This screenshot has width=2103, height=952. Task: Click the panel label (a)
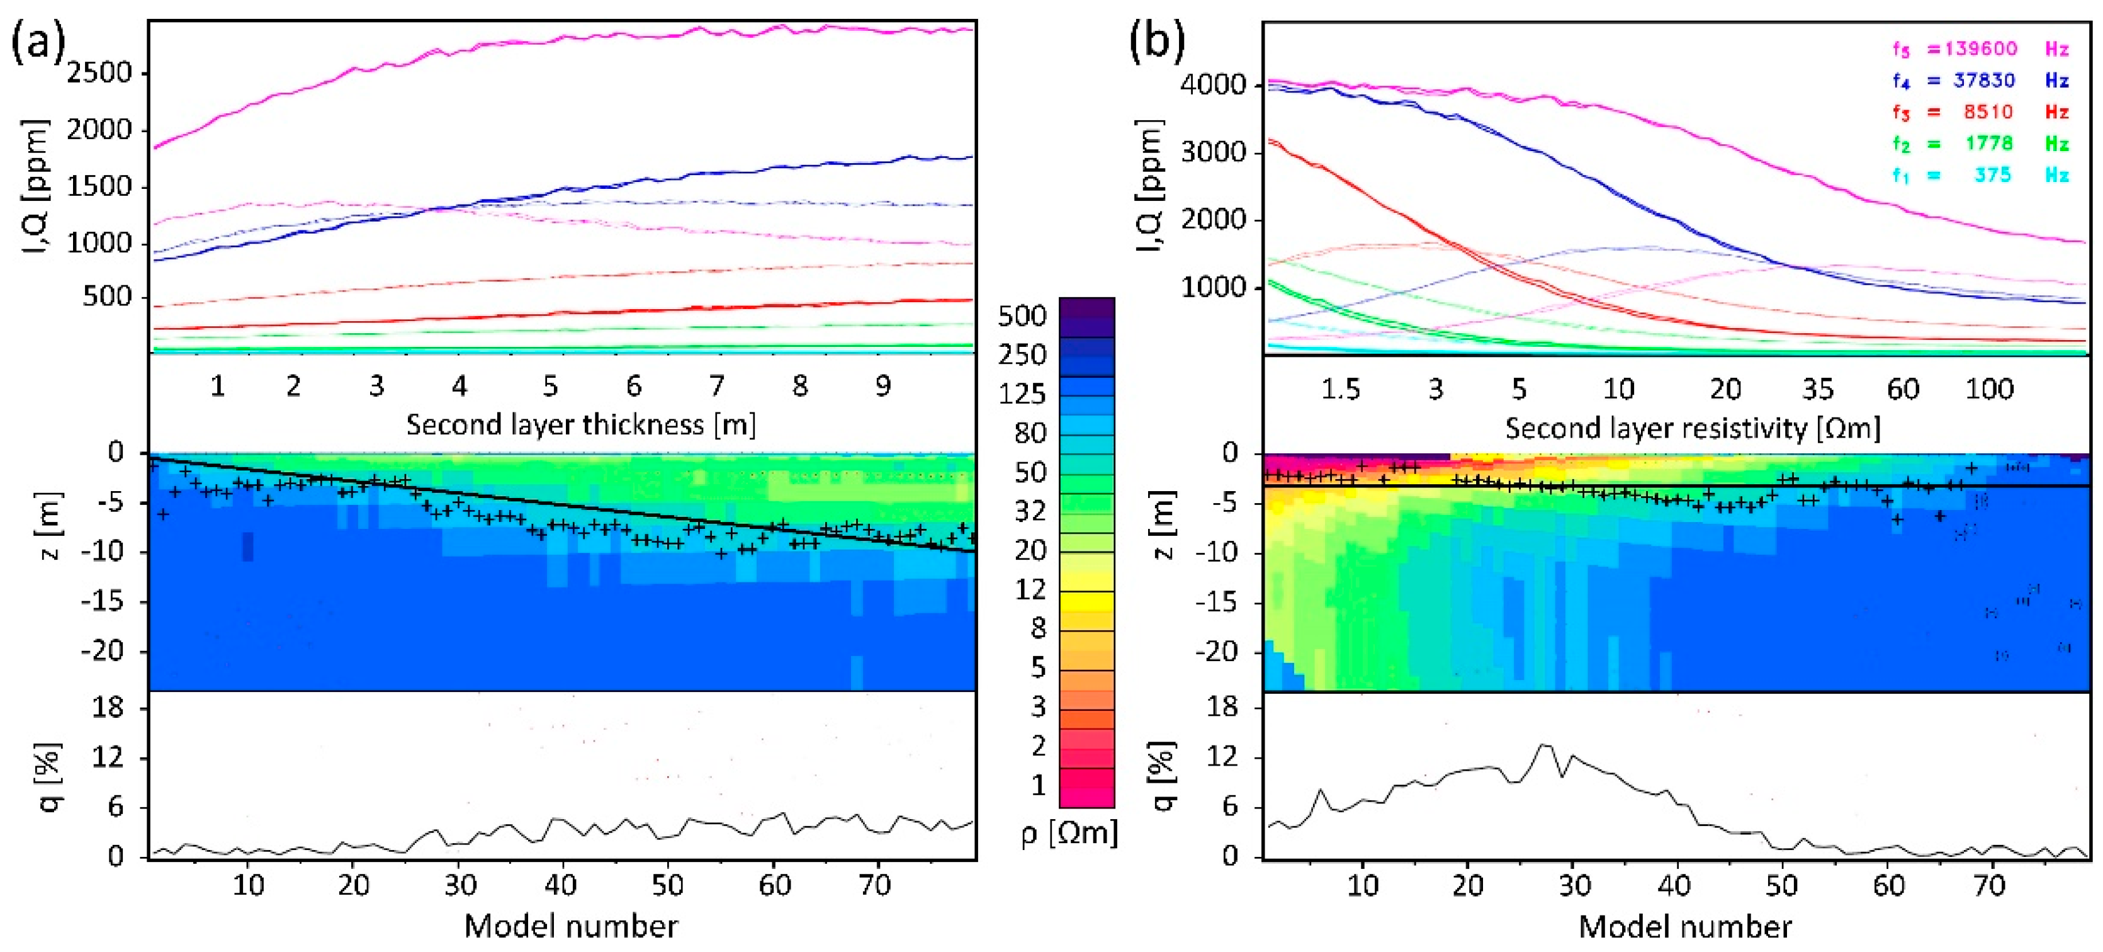point(38,42)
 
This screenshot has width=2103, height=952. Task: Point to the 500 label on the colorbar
point(1022,316)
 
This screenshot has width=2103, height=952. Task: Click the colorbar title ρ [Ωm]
point(1069,834)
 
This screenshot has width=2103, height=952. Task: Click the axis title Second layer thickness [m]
point(580,426)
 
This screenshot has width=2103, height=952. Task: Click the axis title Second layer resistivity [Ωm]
point(1693,429)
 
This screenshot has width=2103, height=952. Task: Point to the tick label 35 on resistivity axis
point(1817,390)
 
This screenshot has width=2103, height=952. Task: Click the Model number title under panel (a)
point(571,927)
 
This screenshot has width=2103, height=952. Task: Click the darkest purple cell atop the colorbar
point(1086,308)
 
